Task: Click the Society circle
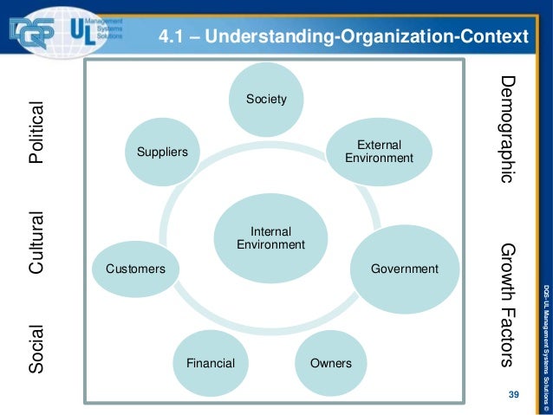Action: [266, 100]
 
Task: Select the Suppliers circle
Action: [162, 152]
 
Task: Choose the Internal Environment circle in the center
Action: [270, 238]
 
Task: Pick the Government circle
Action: [404, 269]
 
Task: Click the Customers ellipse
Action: [135, 269]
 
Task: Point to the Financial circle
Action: [210, 362]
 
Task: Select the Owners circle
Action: [330, 362]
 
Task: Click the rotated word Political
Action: [36, 135]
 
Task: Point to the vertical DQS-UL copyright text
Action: [543, 346]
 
